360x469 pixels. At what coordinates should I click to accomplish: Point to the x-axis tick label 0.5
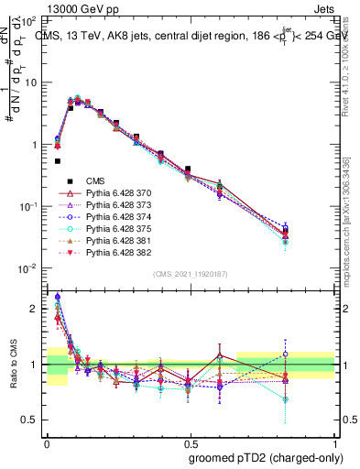point(190,441)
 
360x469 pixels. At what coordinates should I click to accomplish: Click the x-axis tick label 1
point(333,441)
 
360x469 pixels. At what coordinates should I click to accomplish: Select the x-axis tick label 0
point(47,441)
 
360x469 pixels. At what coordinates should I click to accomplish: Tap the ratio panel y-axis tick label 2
point(33,309)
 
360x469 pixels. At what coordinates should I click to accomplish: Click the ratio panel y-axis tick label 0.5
point(28,420)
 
